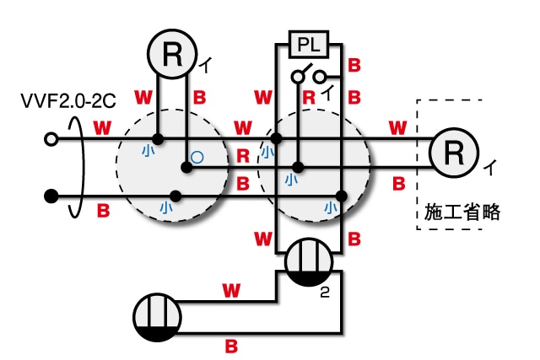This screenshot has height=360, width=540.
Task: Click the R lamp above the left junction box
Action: click(x=172, y=55)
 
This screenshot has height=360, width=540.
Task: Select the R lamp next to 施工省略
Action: click(x=454, y=152)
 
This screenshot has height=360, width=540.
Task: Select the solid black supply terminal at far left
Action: click(x=51, y=196)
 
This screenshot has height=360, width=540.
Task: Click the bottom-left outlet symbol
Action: click(x=158, y=318)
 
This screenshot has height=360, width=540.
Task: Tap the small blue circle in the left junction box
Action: click(x=197, y=156)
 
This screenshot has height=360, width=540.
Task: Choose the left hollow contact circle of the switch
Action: click(x=297, y=78)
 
